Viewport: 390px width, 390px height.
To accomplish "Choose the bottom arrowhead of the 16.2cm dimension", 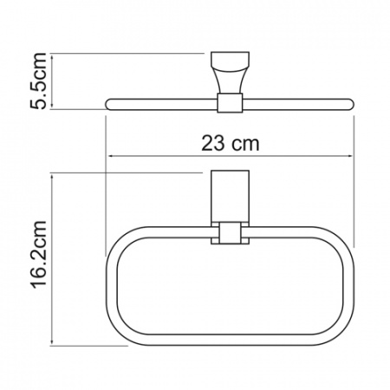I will click(55, 342).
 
